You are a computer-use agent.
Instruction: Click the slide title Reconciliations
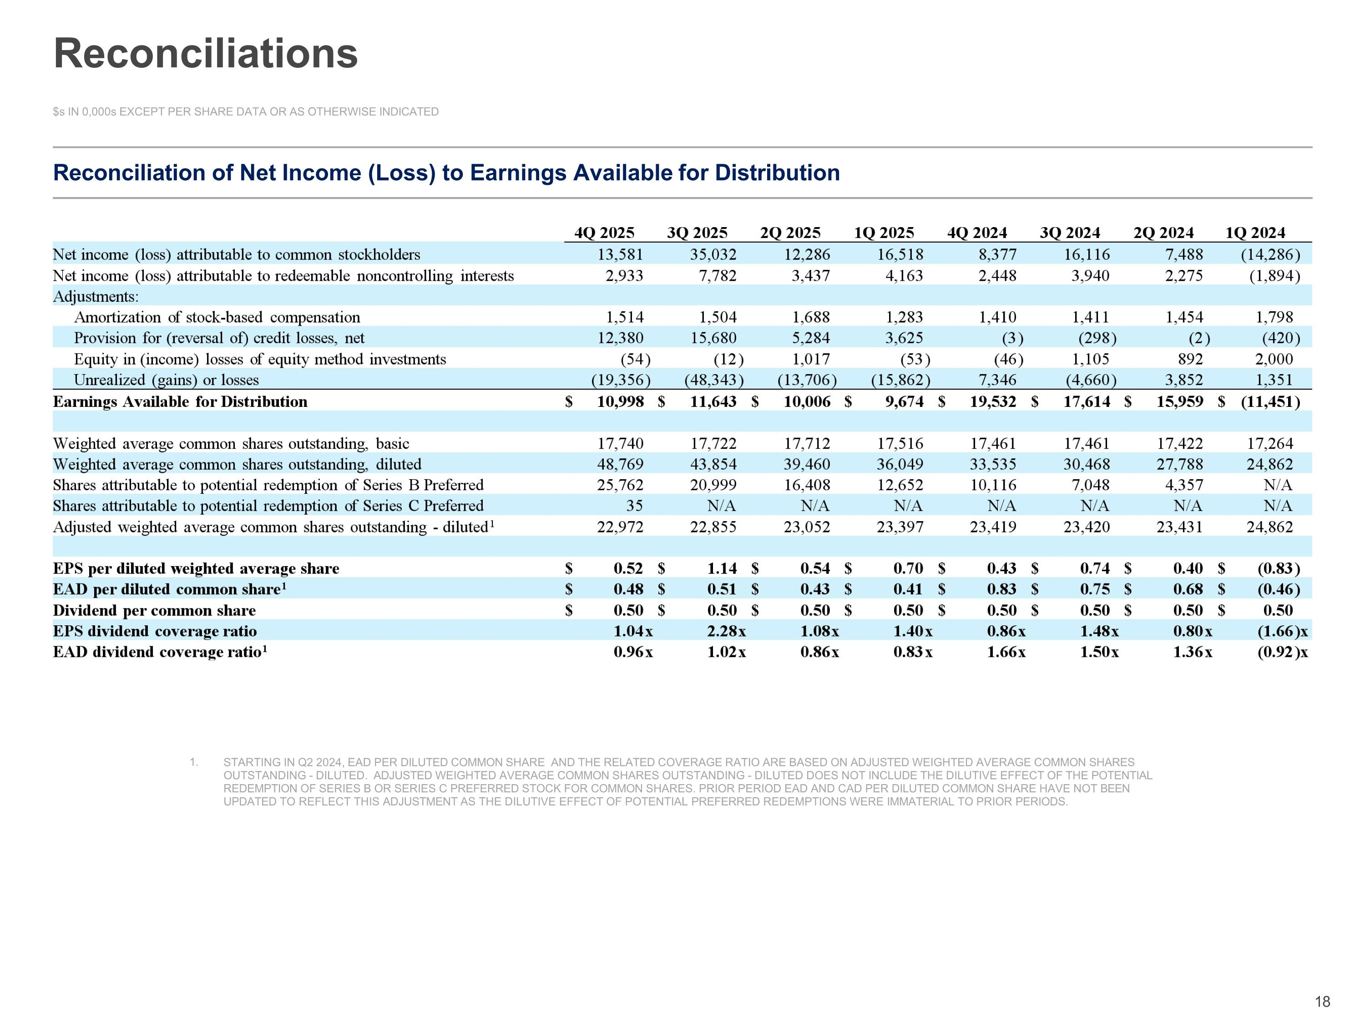[x=206, y=54]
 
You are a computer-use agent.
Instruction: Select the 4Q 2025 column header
[x=604, y=233]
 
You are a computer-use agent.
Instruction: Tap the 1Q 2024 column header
[x=1255, y=233]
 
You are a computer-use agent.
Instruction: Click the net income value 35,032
[x=713, y=254]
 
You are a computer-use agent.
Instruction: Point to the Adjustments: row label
[x=96, y=296]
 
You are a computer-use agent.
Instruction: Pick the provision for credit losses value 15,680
[x=713, y=338]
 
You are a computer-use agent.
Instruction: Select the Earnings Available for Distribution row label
[x=180, y=402]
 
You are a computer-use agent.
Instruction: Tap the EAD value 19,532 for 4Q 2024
[x=992, y=402]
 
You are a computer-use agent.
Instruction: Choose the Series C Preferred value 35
[x=634, y=506]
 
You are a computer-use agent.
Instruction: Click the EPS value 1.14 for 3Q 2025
[x=722, y=568]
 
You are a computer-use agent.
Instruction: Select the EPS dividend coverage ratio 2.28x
[x=726, y=631]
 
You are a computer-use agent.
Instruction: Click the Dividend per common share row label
[x=154, y=610]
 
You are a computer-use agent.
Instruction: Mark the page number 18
[x=1322, y=1002]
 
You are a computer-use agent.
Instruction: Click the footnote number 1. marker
[x=194, y=762]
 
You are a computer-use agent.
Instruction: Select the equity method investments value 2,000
[x=1274, y=359]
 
